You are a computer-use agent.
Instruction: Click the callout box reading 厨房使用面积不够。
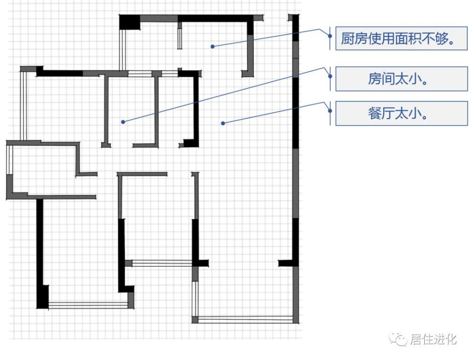click(x=401, y=38)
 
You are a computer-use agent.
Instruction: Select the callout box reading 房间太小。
click(x=401, y=79)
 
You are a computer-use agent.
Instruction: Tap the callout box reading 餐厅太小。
click(x=401, y=113)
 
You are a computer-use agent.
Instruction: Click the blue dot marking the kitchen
click(x=212, y=46)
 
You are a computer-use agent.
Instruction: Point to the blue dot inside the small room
click(x=123, y=122)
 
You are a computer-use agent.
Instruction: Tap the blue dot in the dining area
click(x=223, y=123)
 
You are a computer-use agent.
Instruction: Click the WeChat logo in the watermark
click(x=397, y=339)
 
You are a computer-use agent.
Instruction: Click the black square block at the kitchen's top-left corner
click(x=130, y=22)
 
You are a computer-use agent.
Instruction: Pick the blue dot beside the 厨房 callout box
click(x=330, y=36)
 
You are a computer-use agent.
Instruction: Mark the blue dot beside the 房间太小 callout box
click(x=330, y=76)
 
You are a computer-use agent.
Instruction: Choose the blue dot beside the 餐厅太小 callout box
click(x=330, y=111)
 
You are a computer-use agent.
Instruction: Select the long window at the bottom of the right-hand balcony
click(x=245, y=319)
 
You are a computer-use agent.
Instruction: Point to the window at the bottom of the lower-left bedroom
click(x=88, y=305)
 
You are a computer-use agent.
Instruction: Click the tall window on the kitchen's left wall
click(x=122, y=50)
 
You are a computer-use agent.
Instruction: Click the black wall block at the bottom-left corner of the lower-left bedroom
click(x=42, y=296)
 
